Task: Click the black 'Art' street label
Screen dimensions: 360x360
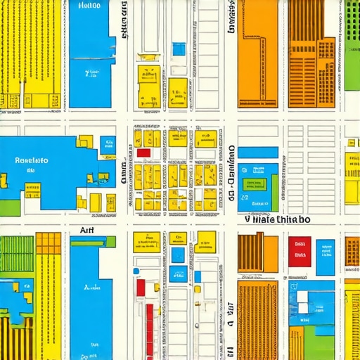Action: [x=86, y=229]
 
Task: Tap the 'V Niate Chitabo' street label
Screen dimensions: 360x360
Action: [x=276, y=219]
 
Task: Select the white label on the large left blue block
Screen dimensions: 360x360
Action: [x=32, y=160]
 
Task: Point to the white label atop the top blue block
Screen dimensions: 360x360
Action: [x=89, y=6]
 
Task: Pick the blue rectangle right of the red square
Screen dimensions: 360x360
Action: [x=325, y=256]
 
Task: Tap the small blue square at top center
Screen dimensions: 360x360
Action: [x=179, y=49]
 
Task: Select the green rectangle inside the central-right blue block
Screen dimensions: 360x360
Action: [x=255, y=184]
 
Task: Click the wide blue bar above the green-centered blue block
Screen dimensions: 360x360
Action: [x=257, y=152]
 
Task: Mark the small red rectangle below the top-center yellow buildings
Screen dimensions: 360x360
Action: [x=143, y=153]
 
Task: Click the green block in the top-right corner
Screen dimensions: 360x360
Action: [x=352, y=46]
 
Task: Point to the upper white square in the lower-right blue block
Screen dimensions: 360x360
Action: [x=302, y=296]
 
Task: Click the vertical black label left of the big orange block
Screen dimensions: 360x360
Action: [x=230, y=18]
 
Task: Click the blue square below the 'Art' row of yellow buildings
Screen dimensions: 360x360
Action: [x=179, y=255]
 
